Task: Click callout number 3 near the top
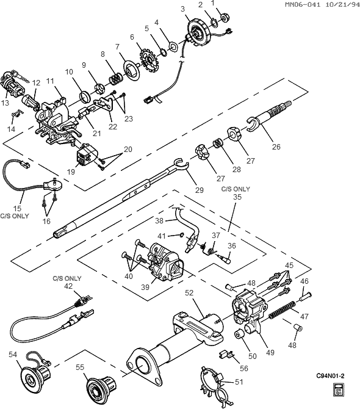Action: click(x=182, y=9)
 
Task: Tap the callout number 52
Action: click(x=189, y=293)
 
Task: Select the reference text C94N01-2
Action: click(x=329, y=376)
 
